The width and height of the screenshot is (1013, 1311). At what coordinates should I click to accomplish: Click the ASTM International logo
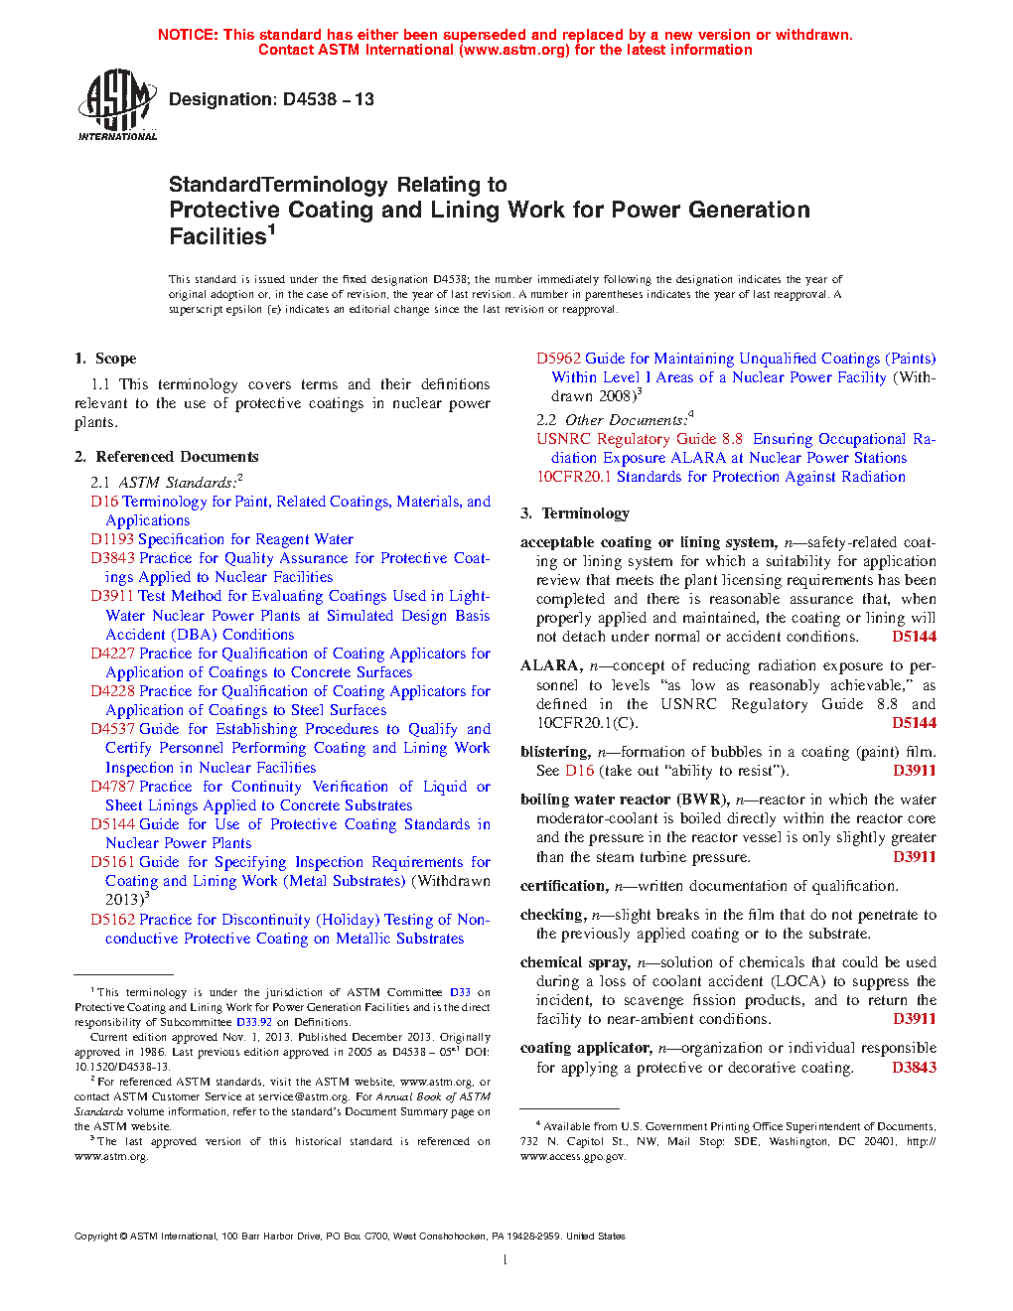[117, 105]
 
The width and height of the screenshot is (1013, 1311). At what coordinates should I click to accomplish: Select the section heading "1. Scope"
[106, 359]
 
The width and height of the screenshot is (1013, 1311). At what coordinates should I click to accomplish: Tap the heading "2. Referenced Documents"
[167, 457]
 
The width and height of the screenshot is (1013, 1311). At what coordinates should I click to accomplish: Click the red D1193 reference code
[112, 539]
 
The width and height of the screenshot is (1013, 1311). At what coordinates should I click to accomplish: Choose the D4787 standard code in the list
[112, 787]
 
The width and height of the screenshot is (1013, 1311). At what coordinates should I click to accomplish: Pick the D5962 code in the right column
[558, 359]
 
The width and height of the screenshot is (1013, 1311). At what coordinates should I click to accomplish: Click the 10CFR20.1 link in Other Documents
[574, 477]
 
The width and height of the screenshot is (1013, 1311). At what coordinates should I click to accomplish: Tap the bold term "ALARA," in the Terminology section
[551, 665]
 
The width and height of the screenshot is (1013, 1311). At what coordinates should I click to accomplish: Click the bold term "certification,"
[564, 886]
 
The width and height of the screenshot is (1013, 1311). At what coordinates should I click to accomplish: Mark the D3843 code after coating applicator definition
[914, 1068]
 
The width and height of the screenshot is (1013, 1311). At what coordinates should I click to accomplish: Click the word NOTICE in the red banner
[188, 35]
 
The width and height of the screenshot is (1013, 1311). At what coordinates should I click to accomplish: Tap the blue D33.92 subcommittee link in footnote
[254, 1022]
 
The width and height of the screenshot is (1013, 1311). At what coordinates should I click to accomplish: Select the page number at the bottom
[506, 1260]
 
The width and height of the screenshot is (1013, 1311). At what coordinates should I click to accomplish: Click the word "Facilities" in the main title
[217, 236]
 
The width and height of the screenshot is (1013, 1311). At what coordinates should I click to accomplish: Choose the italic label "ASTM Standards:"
[177, 483]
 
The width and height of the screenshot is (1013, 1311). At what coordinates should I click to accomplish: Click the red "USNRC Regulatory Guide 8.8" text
[640, 439]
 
